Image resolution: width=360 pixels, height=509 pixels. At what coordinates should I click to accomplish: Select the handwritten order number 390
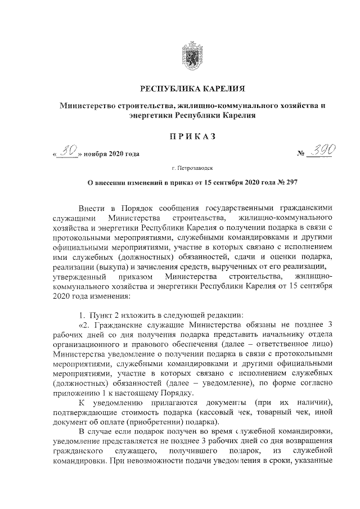(x=321, y=150)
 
